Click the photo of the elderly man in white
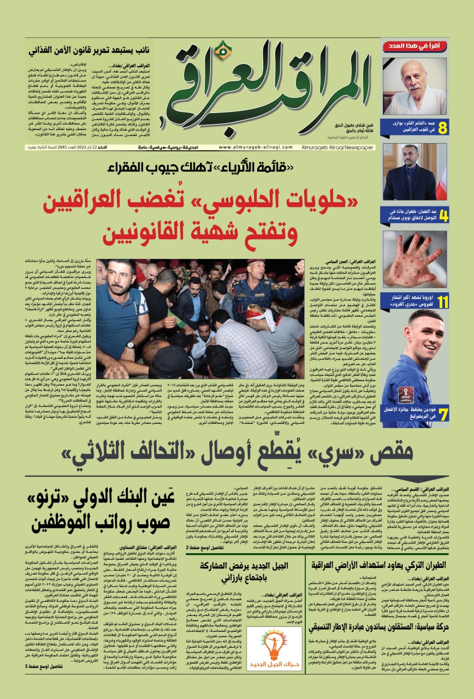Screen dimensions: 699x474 414,85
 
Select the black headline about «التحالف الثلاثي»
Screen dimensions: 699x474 240,453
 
